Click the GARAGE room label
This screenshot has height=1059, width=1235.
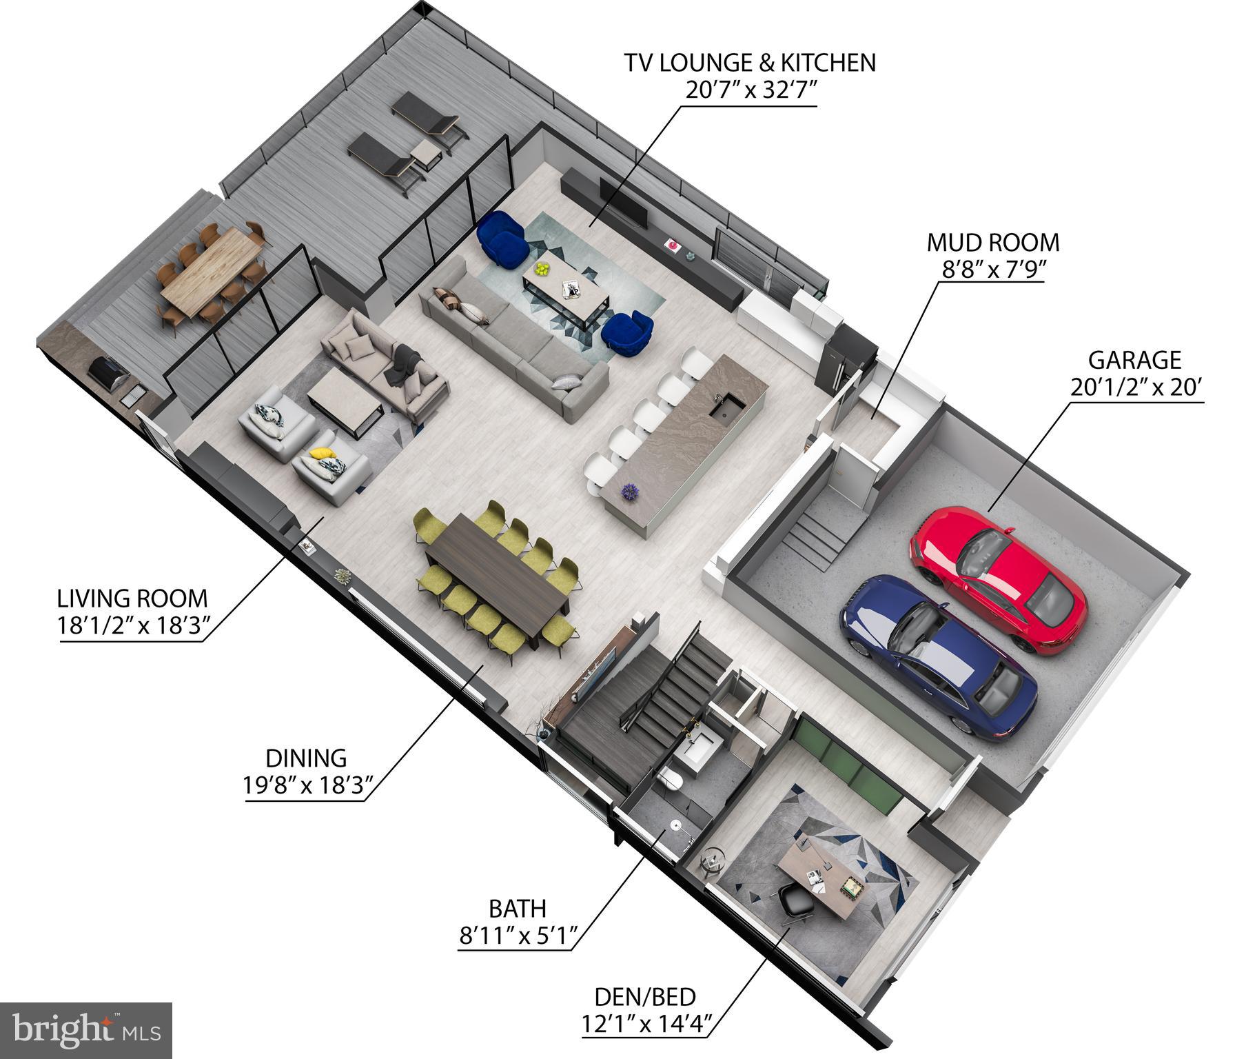1134,360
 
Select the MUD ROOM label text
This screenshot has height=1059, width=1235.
992,243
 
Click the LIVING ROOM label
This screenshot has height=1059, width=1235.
132,597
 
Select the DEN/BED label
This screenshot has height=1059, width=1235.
644,997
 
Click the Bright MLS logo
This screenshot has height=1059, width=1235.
85,1030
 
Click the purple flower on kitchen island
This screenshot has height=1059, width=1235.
629,492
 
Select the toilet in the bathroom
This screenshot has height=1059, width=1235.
671,780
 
